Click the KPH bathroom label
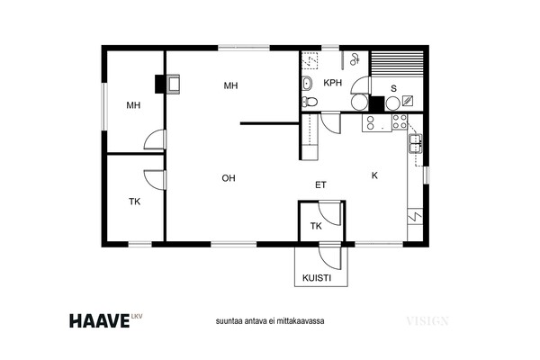[333, 83]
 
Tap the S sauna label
[393, 88]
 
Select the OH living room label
[229, 178]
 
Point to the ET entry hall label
[320, 185]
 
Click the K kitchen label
[374, 175]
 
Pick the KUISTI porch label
[317, 278]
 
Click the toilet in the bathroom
[310, 102]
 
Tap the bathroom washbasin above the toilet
[307, 84]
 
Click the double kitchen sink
[415, 144]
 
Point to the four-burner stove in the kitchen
[400, 122]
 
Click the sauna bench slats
[397, 61]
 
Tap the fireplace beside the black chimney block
[173, 84]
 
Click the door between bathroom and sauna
[360, 85]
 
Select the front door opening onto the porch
[330, 257]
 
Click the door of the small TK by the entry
[330, 213]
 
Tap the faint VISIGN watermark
[427, 321]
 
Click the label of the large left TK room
[135, 202]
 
